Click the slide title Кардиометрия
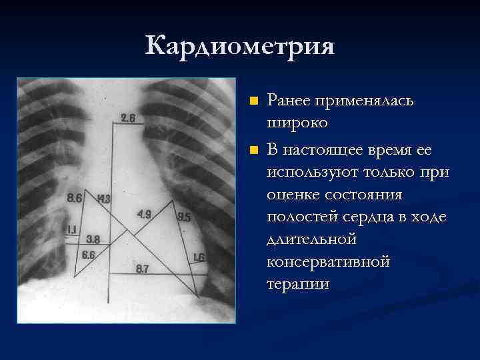(239, 46)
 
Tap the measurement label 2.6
(128, 119)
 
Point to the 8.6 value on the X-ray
(75, 197)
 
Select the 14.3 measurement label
(103, 199)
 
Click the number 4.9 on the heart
(145, 214)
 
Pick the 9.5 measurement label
(184, 217)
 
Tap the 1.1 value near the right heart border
(71, 230)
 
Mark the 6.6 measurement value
(89, 255)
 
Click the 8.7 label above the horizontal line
(142, 269)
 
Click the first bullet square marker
(253, 102)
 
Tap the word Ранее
(287, 101)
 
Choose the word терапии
(298, 283)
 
